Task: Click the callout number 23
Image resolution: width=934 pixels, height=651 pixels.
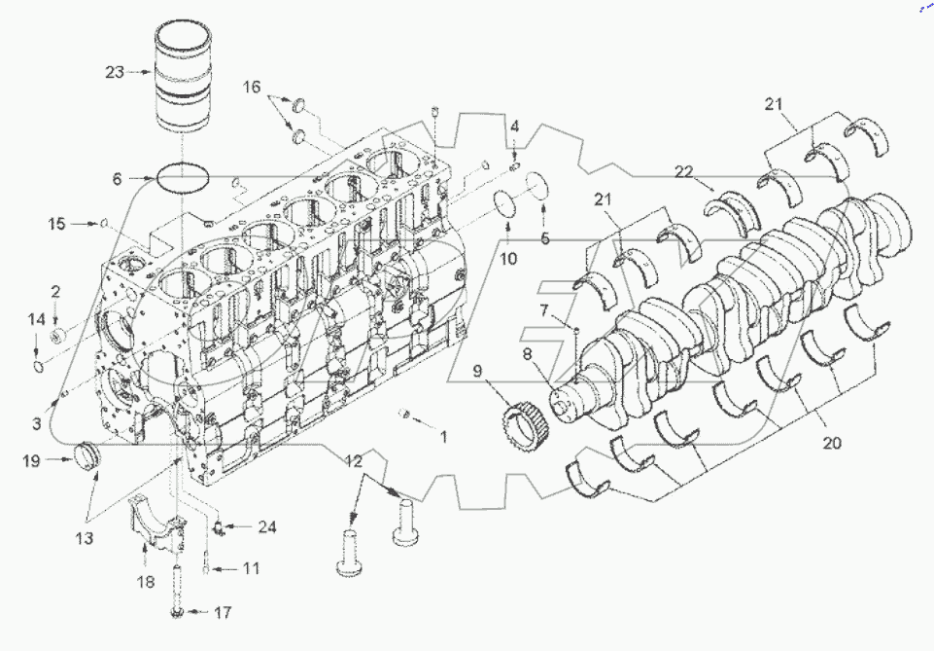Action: pos(116,71)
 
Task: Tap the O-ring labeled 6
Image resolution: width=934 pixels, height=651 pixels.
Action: pos(182,179)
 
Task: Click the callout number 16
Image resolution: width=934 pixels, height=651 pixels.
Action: pos(252,88)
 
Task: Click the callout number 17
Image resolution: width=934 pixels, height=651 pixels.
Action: pos(224,613)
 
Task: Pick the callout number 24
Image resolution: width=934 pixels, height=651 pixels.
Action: pos(266,527)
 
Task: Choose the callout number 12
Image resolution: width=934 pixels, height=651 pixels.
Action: pos(352,460)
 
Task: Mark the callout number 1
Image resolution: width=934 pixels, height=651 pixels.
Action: pos(443,437)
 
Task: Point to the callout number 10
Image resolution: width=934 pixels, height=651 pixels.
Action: pos(508,259)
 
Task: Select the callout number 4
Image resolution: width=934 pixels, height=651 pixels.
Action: pos(515,126)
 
